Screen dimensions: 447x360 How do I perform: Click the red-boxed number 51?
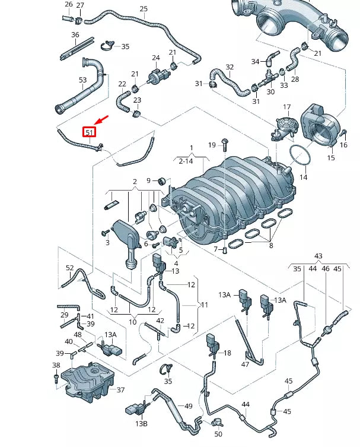tap(90, 132)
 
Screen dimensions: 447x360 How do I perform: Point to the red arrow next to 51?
tap(101, 121)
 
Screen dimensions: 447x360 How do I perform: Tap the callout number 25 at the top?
tap(144, 9)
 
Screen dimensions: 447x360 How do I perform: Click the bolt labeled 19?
tap(225, 144)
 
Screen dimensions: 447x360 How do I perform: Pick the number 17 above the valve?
tap(286, 107)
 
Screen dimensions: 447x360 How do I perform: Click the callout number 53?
tap(82, 80)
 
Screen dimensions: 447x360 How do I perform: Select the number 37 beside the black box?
tap(120, 390)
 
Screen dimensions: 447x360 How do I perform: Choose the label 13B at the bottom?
tap(141, 424)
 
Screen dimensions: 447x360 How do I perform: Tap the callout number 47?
tap(244, 364)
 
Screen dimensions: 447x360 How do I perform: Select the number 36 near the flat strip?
tap(75, 35)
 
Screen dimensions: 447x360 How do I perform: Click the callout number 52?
tap(70, 268)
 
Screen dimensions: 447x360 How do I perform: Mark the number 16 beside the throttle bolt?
tap(343, 145)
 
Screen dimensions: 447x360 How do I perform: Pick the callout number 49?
tap(189, 406)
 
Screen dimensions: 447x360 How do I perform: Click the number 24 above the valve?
tap(156, 58)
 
